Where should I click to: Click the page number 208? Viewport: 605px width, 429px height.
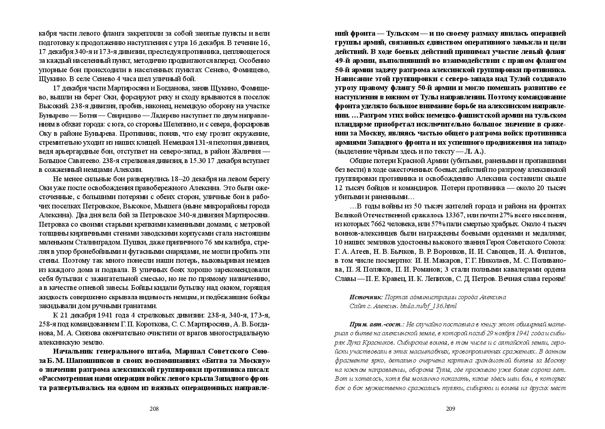[x=154, y=409]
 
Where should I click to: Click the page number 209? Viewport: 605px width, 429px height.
[x=451, y=409]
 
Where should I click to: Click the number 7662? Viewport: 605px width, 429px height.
[x=373, y=224]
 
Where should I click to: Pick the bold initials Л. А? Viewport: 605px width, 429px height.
[x=473, y=151]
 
